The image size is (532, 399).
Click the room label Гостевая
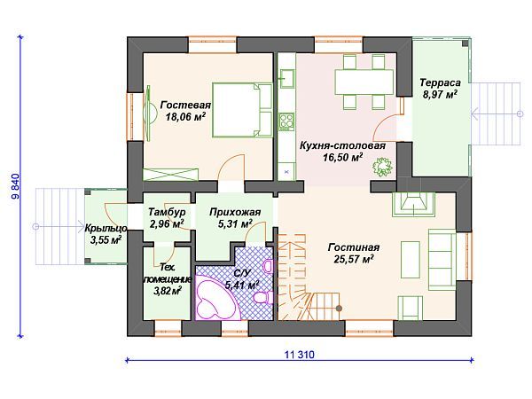tap(185, 105)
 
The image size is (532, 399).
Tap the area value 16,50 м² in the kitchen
tap(342, 157)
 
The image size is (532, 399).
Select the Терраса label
tap(440, 82)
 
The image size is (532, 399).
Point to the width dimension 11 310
tap(300, 355)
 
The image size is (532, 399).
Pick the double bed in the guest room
tap(242, 110)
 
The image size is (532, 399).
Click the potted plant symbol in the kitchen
tap(383, 167)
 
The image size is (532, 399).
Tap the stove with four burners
tap(286, 122)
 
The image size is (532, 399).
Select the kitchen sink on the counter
tap(286, 78)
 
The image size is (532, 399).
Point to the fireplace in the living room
tap(413, 204)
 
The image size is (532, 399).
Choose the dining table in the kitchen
tap(364, 82)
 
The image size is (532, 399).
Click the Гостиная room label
tap(354, 247)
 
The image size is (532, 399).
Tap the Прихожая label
tap(235, 213)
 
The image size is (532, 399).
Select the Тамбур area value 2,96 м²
tap(167, 224)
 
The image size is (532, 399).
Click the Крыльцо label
tap(106, 229)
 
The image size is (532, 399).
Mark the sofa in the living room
tap(442, 260)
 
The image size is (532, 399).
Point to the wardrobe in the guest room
tap(170, 175)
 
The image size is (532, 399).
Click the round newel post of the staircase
tap(339, 308)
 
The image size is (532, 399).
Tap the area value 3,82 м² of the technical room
tap(167, 291)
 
